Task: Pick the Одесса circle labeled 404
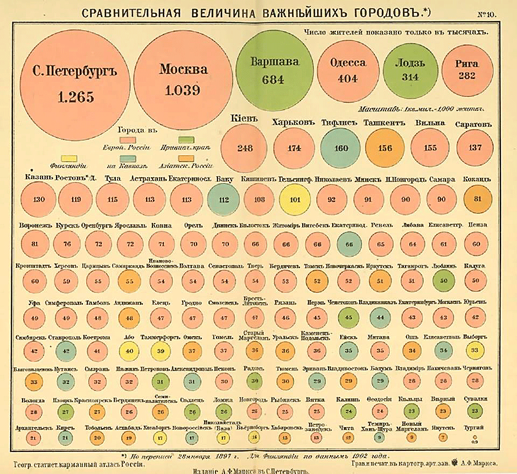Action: point(347,70)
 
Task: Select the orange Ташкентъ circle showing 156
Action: point(385,148)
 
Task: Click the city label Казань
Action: point(37,179)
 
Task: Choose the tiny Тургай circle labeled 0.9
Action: point(474,437)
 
